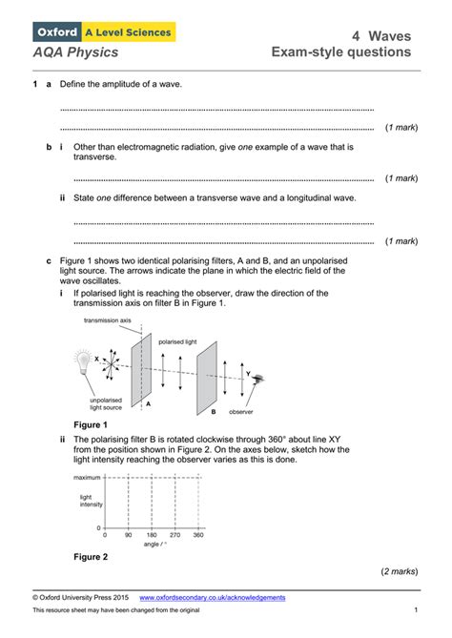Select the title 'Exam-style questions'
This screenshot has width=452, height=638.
click(x=340, y=51)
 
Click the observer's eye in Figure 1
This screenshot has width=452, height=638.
click(x=257, y=379)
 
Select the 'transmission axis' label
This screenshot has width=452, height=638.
click(x=107, y=321)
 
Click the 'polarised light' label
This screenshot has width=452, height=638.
click(x=177, y=340)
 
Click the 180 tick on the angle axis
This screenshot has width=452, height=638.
click(x=151, y=536)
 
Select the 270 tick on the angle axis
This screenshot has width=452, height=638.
click(x=175, y=536)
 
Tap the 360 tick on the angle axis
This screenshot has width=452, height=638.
click(x=197, y=536)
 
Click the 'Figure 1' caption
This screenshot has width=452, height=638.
click(x=91, y=424)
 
